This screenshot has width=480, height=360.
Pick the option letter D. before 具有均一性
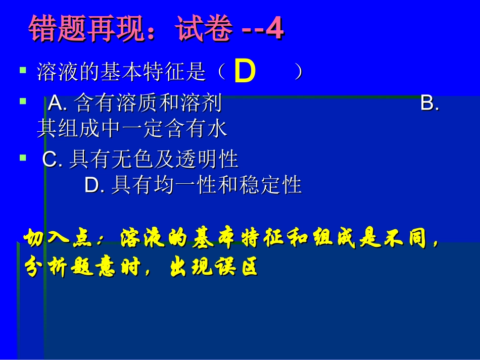point(94,185)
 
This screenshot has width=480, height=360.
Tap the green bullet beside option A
point(22,101)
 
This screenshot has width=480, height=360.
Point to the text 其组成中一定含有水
point(132,129)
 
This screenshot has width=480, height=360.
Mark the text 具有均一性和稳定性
point(206,185)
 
